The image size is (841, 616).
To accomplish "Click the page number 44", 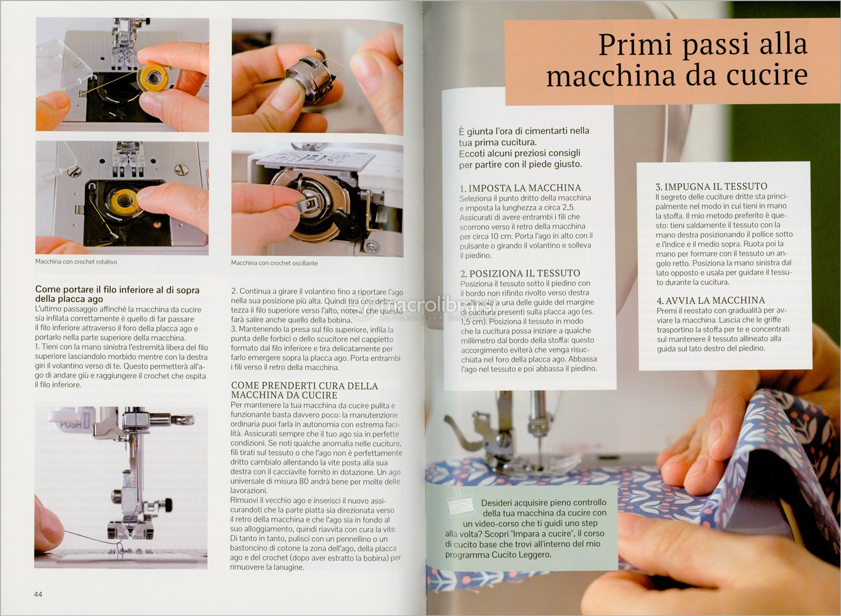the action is click(38, 594).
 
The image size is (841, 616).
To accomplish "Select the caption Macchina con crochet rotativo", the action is click(76, 262).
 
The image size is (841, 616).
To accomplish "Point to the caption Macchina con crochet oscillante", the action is click(274, 263).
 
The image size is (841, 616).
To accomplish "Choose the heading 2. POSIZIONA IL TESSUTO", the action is click(520, 273).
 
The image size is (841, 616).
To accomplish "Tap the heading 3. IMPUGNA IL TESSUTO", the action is click(712, 187).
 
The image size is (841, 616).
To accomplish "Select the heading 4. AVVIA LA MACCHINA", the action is click(711, 300).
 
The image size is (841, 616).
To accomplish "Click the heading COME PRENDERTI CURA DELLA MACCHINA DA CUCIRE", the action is click(304, 391).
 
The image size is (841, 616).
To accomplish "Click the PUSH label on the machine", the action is click(70, 425).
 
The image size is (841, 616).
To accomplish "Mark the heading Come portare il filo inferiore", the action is click(117, 294).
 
